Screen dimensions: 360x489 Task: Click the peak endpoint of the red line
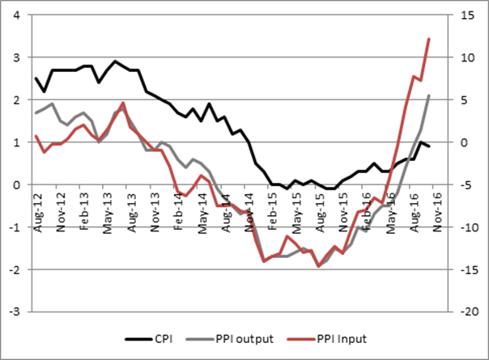coord(428,39)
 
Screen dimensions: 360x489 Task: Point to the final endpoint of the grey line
coord(428,95)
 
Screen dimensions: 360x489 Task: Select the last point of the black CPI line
coord(428,146)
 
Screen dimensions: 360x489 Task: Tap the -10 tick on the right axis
coord(466,227)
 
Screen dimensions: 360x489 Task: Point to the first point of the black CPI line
coord(36,78)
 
